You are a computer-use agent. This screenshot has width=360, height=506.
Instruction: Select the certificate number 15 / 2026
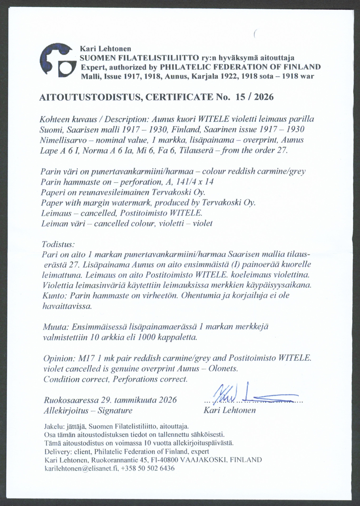click(255, 97)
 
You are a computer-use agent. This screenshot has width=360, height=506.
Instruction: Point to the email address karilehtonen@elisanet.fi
click(82, 468)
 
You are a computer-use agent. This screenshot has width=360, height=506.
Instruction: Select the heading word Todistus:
click(58, 244)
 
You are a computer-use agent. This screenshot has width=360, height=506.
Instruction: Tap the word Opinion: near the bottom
click(60, 358)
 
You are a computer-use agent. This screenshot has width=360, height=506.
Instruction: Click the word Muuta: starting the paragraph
click(56, 327)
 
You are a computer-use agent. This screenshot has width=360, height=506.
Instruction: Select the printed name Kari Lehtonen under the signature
click(229, 410)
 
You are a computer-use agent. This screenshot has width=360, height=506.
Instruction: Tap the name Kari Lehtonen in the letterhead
click(105, 49)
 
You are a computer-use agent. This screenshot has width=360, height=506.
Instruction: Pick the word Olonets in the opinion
click(223, 369)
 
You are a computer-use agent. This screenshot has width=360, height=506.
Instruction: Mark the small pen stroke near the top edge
click(255, 34)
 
